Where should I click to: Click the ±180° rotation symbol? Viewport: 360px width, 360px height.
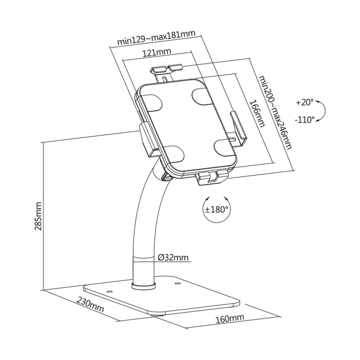click(x=217, y=209)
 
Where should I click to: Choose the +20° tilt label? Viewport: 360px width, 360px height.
click(x=304, y=102)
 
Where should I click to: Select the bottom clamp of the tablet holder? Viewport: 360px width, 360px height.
click(x=211, y=177)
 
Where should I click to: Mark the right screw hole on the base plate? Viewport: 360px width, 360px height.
click(x=177, y=283)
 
